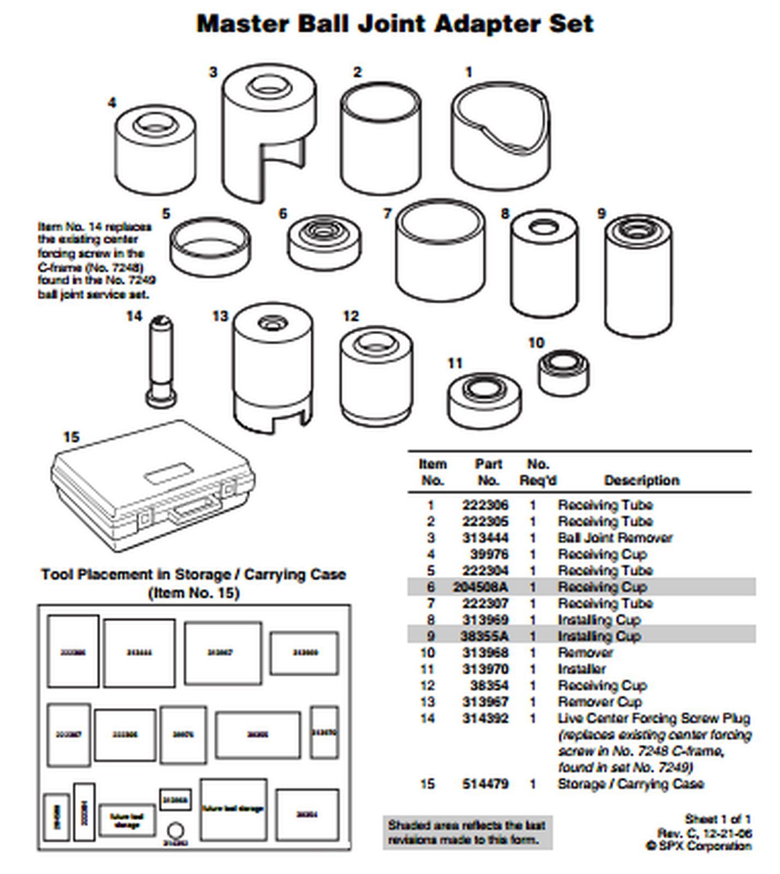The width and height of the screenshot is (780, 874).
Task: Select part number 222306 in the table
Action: tap(485, 505)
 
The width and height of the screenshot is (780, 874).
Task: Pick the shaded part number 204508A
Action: tap(481, 587)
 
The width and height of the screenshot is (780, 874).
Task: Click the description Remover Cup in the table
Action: tap(600, 702)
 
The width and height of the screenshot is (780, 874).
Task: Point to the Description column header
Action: tap(641, 481)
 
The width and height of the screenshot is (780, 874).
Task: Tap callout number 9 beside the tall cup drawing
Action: tap(601, 214)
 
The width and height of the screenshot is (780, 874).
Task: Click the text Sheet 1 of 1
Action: tap(718, 819)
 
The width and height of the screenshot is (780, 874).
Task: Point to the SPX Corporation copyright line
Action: tap(699, 846)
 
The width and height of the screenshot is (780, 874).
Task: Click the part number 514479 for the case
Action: tap(485, 784)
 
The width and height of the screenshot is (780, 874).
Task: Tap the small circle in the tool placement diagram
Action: tap(175, 831)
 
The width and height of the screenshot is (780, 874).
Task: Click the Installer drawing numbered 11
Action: tap(484, 401)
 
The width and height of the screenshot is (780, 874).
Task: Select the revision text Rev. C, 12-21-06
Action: tap(704, 833)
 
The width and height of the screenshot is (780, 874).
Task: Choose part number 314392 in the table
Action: tap(485, 719)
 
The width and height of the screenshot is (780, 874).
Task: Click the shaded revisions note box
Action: tap(467, 832)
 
